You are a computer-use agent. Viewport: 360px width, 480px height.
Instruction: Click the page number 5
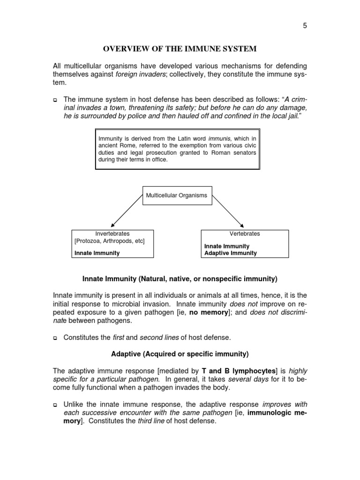pos(305,26)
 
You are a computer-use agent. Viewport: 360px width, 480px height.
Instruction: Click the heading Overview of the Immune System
pos(180,49)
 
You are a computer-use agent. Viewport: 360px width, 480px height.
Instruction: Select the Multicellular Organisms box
pos(177,195)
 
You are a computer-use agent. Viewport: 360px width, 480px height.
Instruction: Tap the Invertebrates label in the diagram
pos(112,233)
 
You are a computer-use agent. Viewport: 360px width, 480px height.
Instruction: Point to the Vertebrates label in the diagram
pos(245,233)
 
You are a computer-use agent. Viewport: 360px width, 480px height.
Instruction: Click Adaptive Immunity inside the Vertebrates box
pos(231,253)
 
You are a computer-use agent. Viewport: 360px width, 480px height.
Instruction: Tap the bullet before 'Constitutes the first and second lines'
pos(55,337)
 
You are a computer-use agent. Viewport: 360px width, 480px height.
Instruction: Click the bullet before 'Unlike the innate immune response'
pos(55,405)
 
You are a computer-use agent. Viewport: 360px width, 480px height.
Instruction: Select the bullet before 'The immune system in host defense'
pos(55,100)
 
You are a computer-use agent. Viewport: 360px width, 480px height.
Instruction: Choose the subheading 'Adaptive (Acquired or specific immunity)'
pos(180,353)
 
